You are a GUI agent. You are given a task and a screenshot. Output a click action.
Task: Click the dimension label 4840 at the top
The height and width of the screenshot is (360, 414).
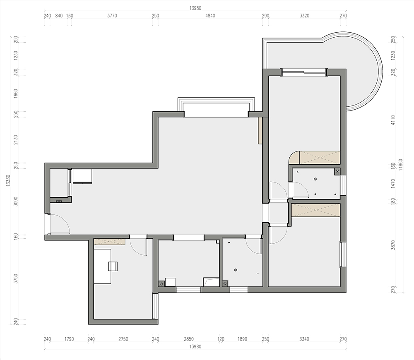click(x=210, y=16)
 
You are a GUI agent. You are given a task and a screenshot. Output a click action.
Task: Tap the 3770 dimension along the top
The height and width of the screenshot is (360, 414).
click(x=112, y=16)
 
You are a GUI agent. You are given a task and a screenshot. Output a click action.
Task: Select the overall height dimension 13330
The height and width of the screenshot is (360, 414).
click(x=8, y=181)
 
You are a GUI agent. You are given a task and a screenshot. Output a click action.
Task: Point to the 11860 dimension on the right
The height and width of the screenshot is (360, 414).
click(x=400, y=165)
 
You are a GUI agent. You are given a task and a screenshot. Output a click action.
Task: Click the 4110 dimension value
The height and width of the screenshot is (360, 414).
click(x=393, y=120)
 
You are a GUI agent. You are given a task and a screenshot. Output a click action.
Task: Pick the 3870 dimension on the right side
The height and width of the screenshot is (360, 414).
click(x=393, y=245)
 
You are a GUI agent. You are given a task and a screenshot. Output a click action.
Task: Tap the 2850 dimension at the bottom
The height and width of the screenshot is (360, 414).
click(x=188, y=339)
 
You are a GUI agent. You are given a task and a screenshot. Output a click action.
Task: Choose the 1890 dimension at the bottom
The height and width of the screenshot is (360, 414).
click(x=242, y=339)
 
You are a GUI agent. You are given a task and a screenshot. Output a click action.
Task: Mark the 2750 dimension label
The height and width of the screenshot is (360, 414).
click(x=123, y=339)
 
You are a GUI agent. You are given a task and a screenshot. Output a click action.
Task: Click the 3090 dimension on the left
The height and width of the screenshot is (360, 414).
click(x=16, y=202)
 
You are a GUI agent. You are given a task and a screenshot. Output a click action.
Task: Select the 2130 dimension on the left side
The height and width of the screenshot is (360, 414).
click(x=16, y=139)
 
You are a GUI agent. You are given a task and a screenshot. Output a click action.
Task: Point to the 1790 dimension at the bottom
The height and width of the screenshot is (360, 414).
click(x=69, y=339)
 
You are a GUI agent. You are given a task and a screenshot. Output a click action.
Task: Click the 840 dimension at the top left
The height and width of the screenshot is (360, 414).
click(x=59, y=16)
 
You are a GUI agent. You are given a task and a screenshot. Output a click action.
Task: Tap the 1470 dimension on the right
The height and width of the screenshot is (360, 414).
click(x=393, y=183)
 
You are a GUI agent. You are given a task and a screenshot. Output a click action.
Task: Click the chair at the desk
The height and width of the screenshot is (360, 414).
click(x=113, y=266)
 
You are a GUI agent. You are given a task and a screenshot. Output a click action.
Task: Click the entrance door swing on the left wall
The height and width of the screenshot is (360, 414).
click(x=60, y=224)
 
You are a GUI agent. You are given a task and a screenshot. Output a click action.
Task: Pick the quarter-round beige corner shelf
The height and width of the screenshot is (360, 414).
click(x=294, y=158)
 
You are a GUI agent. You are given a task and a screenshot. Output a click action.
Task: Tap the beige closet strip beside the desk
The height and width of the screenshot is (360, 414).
click(x=109, y=242)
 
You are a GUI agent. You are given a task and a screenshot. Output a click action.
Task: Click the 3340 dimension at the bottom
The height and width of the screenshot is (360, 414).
click(x=304, y=339)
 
